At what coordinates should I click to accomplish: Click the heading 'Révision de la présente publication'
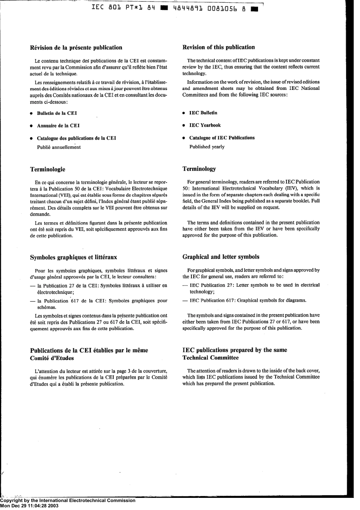coord(76,48)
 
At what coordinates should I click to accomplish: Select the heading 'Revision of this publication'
coord(219,47)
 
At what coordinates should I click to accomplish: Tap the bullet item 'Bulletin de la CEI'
coord(57,113)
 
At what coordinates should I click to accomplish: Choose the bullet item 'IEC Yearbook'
coord(205,126)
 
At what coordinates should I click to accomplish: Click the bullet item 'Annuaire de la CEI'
coord(58,126)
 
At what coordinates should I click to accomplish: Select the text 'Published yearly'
coord(207,147)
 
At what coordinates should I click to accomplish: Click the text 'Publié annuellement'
coord(59,148)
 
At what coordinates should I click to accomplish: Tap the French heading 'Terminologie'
coord(47,169)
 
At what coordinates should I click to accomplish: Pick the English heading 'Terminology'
coord(199,169)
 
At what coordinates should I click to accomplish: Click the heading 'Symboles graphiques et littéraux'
coord(74,257)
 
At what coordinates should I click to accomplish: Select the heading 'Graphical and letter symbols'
coord(221,257)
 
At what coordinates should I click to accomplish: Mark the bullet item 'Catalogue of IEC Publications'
coord(222,138)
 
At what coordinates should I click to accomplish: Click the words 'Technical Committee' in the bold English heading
coord(210,358)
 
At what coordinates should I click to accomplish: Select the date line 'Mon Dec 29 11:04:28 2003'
coord(30,506)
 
